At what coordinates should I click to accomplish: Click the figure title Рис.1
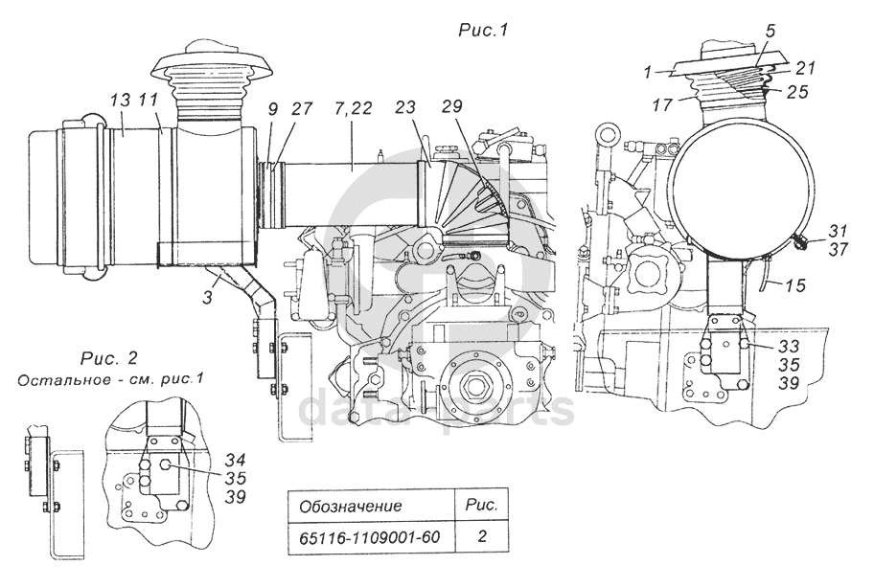(483, 30)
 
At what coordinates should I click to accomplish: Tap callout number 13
(120, 101)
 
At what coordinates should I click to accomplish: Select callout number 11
(149, 101)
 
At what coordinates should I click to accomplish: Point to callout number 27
(302, 108)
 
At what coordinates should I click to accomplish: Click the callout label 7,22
(353, 108)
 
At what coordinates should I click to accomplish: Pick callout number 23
(405, 107)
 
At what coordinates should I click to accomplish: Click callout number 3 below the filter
(207, 297)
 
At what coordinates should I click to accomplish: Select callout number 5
(770, 32)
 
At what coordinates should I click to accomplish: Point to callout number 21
(805, 68)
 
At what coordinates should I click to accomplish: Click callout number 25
(797, 91)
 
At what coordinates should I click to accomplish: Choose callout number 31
(838, 231)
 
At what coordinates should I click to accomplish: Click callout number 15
(795, 285)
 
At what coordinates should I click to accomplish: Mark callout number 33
(789, 347)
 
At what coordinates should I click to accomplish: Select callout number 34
(236, 460)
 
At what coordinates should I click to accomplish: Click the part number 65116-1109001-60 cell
(370, 538)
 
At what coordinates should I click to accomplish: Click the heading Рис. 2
(109, 357)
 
